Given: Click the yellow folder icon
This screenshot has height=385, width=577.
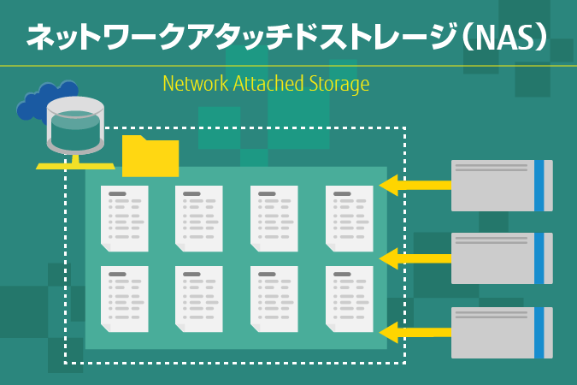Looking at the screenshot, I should click(x=150, y=157).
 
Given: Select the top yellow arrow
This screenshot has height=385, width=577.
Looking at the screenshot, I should click(x=415, y=184).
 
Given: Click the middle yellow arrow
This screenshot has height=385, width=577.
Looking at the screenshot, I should click(x=415, y=258).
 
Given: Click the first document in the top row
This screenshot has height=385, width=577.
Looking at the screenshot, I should click(x=124, y=219).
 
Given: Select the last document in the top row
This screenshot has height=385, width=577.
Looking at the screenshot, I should click(x=350, y=219).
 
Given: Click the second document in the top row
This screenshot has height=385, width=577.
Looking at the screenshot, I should click(x=199, y=219).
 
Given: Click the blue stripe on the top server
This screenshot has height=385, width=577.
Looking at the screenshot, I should click(x=539, y=185).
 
